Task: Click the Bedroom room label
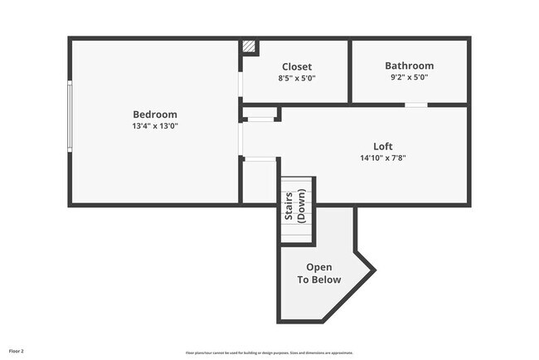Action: pyautogui.click(x=155, y=114)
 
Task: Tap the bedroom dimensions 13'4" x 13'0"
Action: pyautogui.click(x=155, y=126)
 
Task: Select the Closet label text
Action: pyautogui.click(x=297, y=66)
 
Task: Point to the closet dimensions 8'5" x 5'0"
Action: pyautogui.click(x=297, y=78)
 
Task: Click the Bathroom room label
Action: pyautogui.click(x=409, y=66)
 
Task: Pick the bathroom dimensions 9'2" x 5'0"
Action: pyautogui.click(x=409, y=77)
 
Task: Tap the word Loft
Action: pyautogui.click(x=382, y=145)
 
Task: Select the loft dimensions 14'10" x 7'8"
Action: pyautogui.click(x=382, y=158)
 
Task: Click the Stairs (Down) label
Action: pyautogui.click(x=296, y=207)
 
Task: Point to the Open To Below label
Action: pyautogui.click(x=319, y=273)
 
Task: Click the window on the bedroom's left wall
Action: pyautogui.click(x=70, y=115)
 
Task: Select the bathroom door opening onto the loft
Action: pyautogui.click(x=415, y=105)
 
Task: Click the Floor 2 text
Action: pyautogui.click(x=17, y=352)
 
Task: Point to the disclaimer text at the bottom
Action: pyautogui.click(x=269, y=353)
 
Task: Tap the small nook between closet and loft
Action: pyautogui.click(x=260, y=112)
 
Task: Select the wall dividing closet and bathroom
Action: pyautogui.click(x=350, y=71)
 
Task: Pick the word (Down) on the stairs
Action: pyautogui.click(x=302, y=207)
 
